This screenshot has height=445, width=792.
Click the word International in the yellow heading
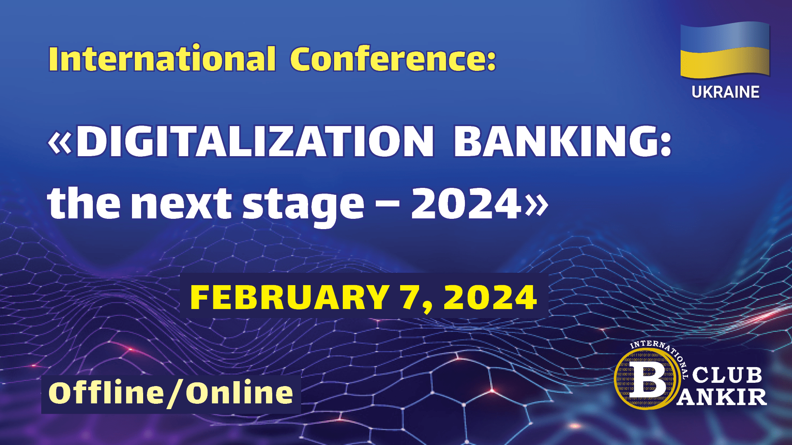[x=162, y=59]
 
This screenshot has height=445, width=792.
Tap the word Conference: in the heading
[x=393, y=59]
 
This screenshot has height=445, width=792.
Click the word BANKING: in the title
[x=563, y=141]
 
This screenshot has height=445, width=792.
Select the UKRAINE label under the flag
[x=725, y=92]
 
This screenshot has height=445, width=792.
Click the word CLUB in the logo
[x=727, y=375]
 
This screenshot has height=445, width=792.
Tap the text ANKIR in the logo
[x=721, y=396]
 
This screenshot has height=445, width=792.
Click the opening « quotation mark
[x=60, y=143]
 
